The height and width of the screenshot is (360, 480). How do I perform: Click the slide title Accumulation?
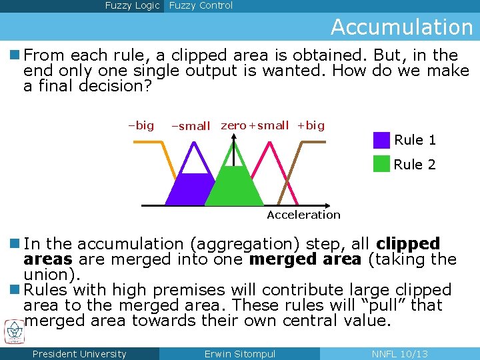pyautogui.click(x=401, y=27)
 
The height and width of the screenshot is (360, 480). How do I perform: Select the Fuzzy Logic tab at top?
pyautogui.click(x=132, y=6)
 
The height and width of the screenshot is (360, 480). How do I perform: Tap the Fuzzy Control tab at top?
pyautogui.click(x=201, y=6)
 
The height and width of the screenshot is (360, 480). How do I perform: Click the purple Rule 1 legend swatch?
pyautogui.click(x=381, y=140)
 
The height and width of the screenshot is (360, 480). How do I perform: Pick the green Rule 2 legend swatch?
pyautogui.click(x=381, y=164)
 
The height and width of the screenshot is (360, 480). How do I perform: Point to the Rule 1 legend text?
pyautogui.click(x=415, y=140)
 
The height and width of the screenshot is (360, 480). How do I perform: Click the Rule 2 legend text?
pyautogui.click(x=415, y=165)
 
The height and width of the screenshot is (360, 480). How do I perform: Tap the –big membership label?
pyautogui.click(x=141, y=125)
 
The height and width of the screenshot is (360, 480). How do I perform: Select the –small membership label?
pyautogui.click(x=191, y=126)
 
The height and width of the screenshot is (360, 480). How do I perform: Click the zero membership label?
pyautogui.click(x=233, y=125)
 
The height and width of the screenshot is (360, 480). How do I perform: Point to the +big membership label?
pyautogui.click(x=311, y=125)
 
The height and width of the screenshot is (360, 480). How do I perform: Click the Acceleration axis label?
pyautogui.click(x=303, y=215)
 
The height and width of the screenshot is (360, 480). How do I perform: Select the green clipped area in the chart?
pyautogui.click(x=234, y=187)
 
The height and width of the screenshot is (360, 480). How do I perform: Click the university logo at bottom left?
pyautogui.click(x=13, y=331)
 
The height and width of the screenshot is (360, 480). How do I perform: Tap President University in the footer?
pyautogui.click(x=79, y=354)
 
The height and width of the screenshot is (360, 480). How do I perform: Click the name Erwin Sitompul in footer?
pyautogui.click(x=239, y=354)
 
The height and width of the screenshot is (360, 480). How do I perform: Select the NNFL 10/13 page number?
pyautogui.click(x=399, y=354)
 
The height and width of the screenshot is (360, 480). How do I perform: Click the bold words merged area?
pyautogui.click(x=305, y=259)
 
